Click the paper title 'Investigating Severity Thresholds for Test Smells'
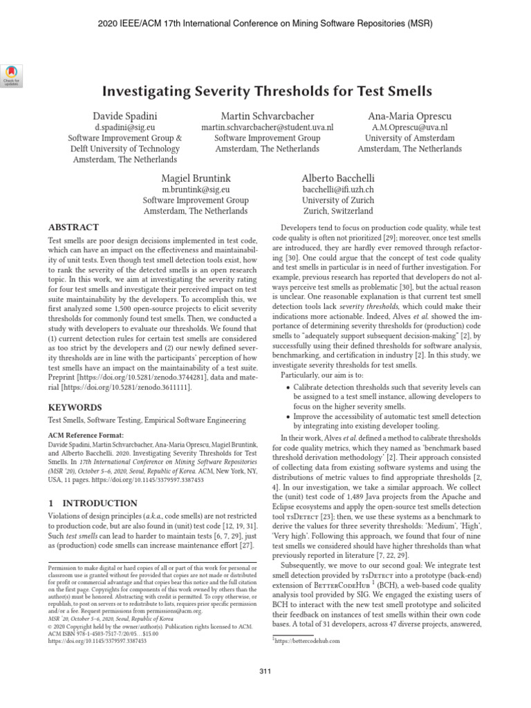coord(267,91)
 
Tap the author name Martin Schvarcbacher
coord(267,115)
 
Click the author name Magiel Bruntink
coord(195,178)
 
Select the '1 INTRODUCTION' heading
coord(92,503)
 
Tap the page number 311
coord(265,671)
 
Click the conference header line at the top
coord(265,25)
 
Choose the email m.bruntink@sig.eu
coord(195,189)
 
